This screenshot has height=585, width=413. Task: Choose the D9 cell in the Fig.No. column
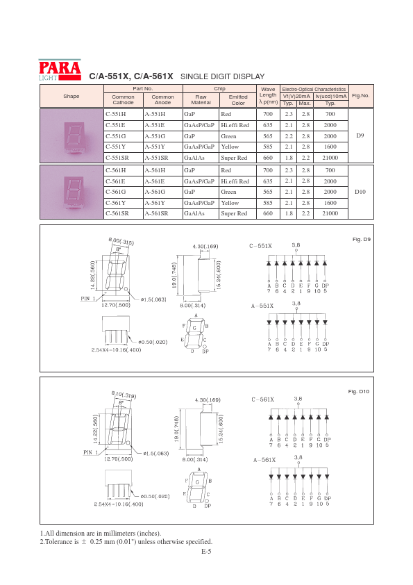(x=360, y=135)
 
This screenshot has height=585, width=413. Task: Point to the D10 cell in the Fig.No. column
(x=360, y=191)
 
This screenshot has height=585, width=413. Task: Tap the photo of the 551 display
(x=71, y=135)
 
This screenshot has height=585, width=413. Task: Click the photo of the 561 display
(x=71, y=191)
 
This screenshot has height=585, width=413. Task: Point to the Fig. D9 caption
(x=362, y=240)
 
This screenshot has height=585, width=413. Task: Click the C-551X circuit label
(x=261, y=246)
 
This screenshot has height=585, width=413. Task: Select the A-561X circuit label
(x=263, y=460)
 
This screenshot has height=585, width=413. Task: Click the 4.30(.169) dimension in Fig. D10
(x=206, y=399)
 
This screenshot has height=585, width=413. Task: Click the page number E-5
(x=206, y=552)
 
